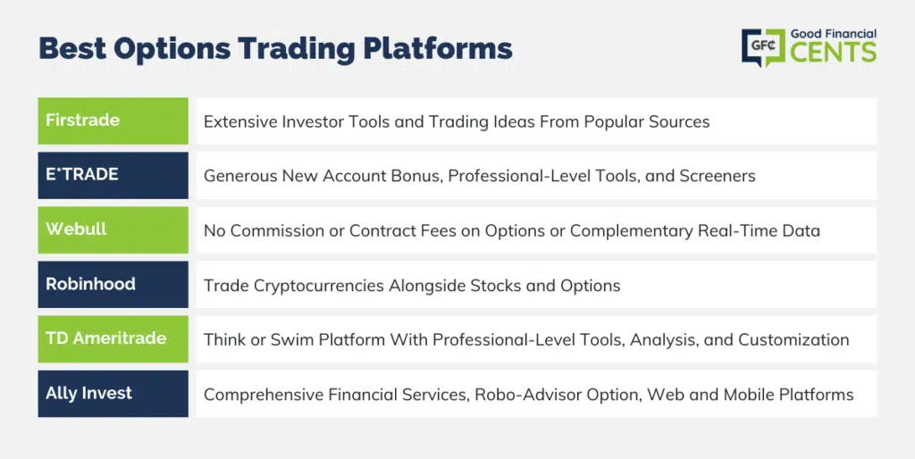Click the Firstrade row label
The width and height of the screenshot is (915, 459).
83,121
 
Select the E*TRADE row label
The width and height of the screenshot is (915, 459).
82,174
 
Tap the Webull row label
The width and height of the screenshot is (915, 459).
77,229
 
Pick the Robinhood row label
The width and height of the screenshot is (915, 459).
90,284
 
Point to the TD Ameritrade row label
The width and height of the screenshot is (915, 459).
106,338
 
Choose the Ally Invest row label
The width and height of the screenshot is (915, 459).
88,393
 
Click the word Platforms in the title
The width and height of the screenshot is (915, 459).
438,49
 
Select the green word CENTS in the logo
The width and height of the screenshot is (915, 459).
834,51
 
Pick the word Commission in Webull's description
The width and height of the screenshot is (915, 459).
277,230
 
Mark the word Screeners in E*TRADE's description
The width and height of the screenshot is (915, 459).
718,176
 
